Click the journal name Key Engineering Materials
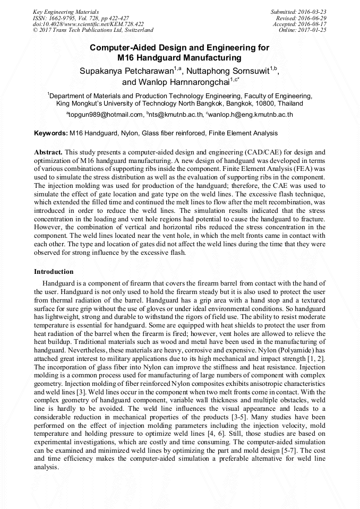tap(66, 11)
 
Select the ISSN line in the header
tap(81, 18)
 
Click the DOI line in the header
tap(88, 24)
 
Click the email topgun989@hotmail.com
tap(106, 115)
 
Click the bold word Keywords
tap(50, 133)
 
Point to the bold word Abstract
tap(48, 152)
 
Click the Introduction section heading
tap(54, 271)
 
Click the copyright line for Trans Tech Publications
tap(93, 30)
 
